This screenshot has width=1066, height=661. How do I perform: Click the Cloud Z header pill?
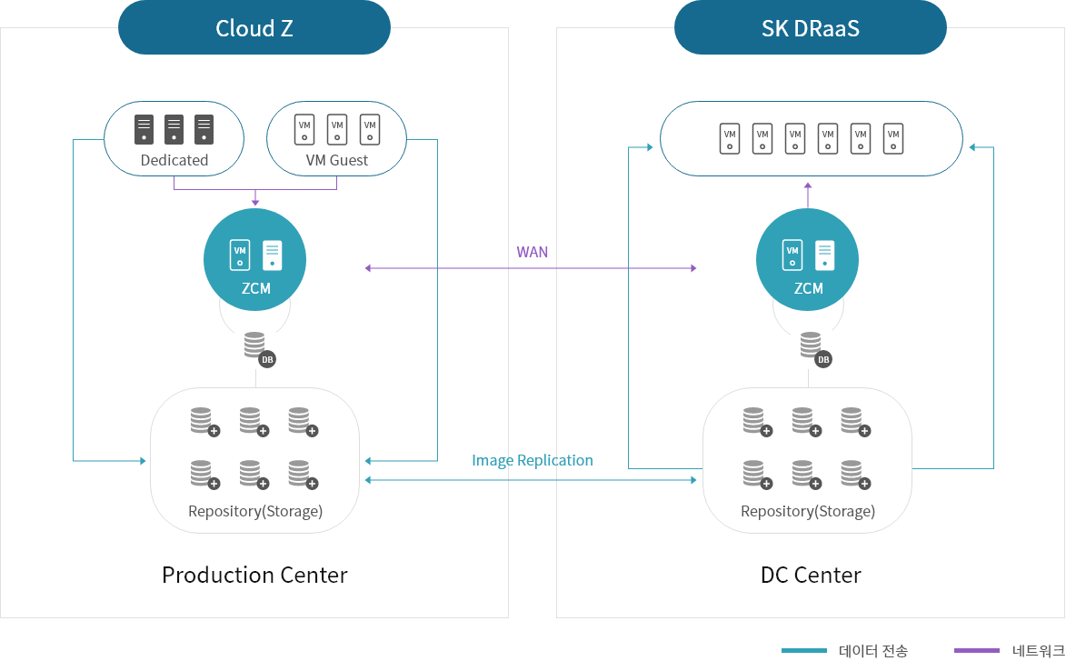pos(254,28)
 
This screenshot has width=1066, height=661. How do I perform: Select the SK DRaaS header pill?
pos(810,28)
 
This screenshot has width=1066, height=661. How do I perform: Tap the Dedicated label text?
pos(174,160)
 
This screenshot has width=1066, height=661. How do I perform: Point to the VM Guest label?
pos(337,160)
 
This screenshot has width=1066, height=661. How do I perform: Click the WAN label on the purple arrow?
pos(533,252)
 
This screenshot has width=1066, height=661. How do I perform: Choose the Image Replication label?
pos(533,461)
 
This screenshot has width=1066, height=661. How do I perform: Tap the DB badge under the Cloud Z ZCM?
pos(267,359)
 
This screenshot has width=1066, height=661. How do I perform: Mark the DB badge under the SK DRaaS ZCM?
pos(823,359)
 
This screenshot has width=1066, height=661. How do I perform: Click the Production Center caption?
pos(254,576)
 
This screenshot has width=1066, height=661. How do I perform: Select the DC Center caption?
pos(810,576)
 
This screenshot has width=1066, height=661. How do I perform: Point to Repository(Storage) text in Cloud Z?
pos(255,511)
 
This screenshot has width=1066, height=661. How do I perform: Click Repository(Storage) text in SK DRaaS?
pos(808,511)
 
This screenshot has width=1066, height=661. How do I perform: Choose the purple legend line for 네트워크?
pos(977,650)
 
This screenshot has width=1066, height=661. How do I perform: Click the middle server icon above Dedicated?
pos(174,128)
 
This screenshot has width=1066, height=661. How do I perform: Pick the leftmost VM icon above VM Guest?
pos(304,128)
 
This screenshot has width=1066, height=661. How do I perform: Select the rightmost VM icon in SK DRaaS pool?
pos(893,138)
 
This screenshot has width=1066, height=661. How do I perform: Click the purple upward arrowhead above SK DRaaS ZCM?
pos(808,185)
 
